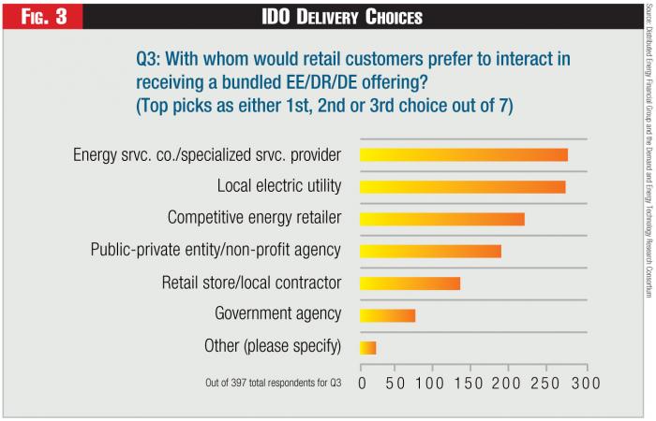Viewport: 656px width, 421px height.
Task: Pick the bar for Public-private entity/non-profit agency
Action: tap(431, 251)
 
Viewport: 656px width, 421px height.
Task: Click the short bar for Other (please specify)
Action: tap(368, 348)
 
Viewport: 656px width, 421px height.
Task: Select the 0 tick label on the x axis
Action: tap(362, 384)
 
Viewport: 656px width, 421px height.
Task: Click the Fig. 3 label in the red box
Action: tap(42, 16)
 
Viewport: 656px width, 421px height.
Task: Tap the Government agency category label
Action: tap(278, 314)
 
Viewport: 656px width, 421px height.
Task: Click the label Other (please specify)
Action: tap(273, 347)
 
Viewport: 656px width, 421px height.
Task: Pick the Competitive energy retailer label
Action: tap(254, 218)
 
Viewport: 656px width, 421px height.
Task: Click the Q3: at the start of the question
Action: tap(152, 59)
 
